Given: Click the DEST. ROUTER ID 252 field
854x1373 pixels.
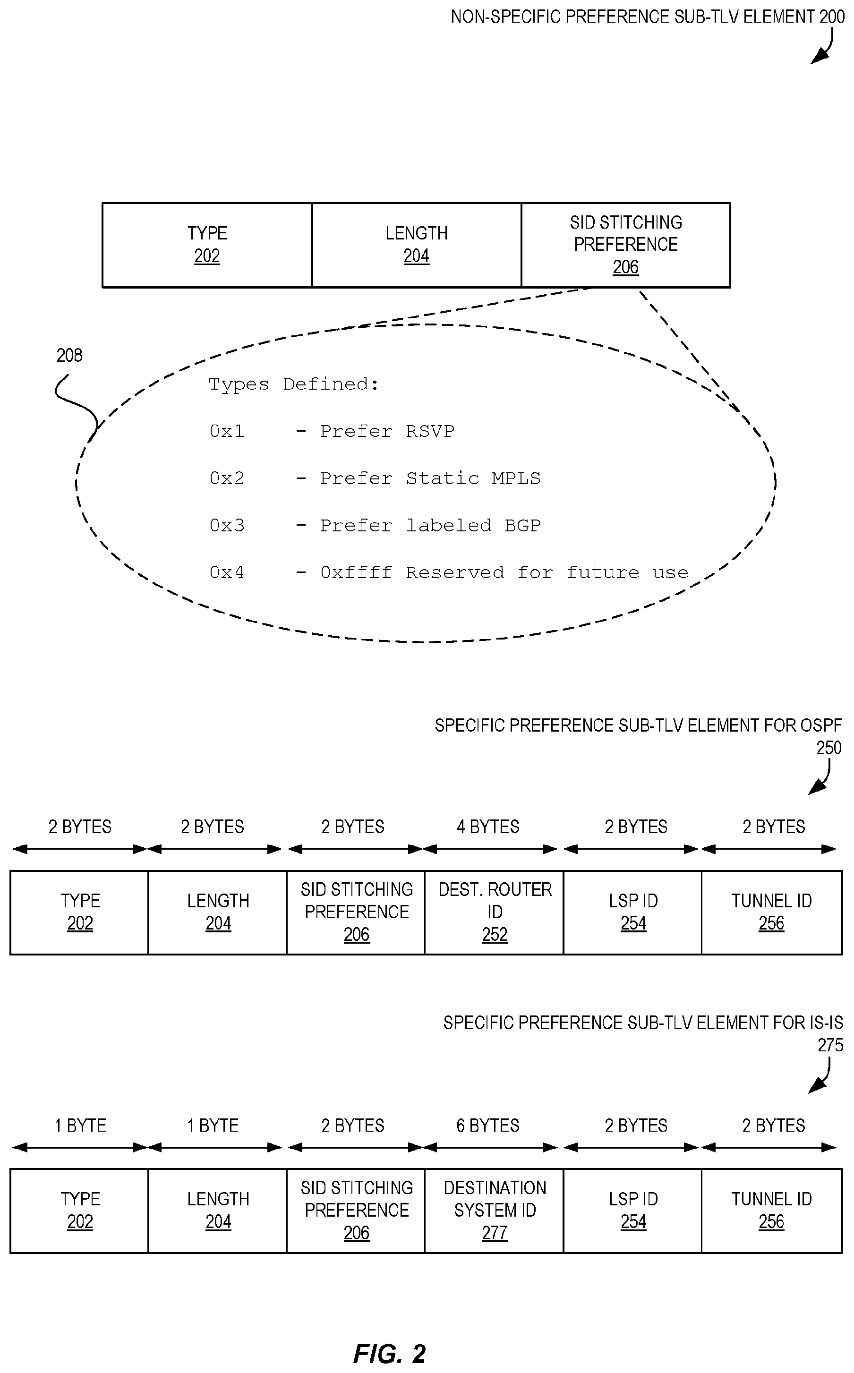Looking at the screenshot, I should coord(494,912).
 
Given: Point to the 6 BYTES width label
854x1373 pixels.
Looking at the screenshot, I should coord(488,1125).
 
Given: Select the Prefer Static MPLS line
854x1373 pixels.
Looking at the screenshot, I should coord(375,478).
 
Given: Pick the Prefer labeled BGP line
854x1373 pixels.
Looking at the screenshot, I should coord(375,526).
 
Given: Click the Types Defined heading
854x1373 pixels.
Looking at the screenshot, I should coord(293,384).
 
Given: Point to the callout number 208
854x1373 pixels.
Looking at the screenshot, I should coord(69,355).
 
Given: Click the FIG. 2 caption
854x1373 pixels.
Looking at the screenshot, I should coord(389,1353).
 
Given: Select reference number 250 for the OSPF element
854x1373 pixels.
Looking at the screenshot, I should coord(828,748).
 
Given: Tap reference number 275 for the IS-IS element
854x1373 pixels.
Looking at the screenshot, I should coord(830,1045).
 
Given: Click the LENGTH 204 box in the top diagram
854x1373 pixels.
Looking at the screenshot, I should coord(416,245).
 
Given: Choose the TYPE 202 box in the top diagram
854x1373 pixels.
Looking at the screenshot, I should coord(207,245).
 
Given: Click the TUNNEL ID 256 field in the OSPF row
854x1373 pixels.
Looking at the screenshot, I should coord(771,912).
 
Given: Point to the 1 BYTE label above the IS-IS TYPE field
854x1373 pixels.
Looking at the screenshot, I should coord(80,1125).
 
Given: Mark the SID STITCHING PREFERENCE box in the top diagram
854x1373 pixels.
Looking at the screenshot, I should coord(626,245).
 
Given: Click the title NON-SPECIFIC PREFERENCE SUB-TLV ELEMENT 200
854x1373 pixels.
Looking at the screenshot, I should coord(647,17).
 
